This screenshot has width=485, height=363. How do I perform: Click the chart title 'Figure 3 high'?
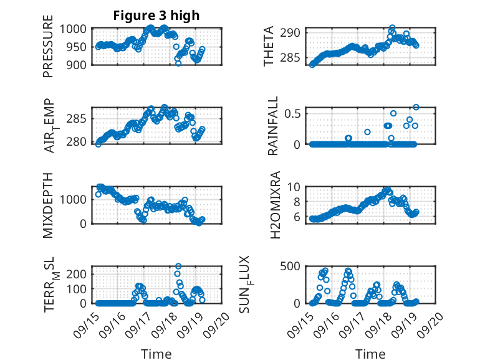pos(156,16)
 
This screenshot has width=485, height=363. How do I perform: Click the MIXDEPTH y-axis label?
pos(48,205)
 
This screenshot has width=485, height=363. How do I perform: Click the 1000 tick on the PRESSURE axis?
pos(78,29)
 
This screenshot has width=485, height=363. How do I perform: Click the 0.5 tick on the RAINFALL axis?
pos(295,113)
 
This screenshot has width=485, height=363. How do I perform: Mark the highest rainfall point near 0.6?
pos(416,107)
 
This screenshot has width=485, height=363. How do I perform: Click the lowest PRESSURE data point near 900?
pos(178,64)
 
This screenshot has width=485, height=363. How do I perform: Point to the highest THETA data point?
pos(392,28)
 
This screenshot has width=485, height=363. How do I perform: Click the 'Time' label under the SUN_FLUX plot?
pos(370,354)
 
